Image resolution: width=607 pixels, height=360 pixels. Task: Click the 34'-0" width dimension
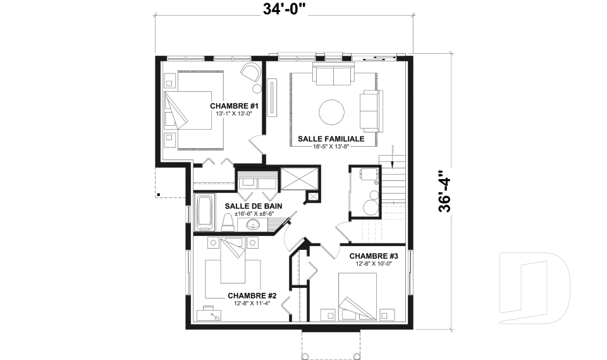[285, 8]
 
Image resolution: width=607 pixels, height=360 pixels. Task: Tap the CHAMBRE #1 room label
[234, 106]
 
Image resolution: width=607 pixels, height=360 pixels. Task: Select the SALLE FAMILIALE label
[331, 139]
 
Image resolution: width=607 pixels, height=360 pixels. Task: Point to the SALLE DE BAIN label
[254, 206]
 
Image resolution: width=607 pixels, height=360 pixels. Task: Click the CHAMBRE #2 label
[252, 295]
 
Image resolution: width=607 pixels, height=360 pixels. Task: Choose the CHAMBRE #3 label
[374, 256]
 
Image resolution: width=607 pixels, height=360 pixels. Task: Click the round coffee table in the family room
[332, 113]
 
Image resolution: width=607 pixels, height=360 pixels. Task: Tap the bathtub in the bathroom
[205, 213]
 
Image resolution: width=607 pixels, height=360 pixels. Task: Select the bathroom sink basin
[254, 223]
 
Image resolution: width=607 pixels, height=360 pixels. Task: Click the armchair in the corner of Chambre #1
[250, 72]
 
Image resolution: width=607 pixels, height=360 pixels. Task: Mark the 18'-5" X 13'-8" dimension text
[331, 147]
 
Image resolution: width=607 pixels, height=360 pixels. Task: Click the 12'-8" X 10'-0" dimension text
[374, 264]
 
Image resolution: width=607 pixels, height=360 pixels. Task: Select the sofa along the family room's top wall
[333, 75]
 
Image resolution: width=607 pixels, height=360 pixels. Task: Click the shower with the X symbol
[300, 178]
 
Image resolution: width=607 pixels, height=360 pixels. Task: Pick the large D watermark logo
[534, 288]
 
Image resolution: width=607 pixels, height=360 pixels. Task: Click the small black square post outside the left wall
[158, 194]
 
